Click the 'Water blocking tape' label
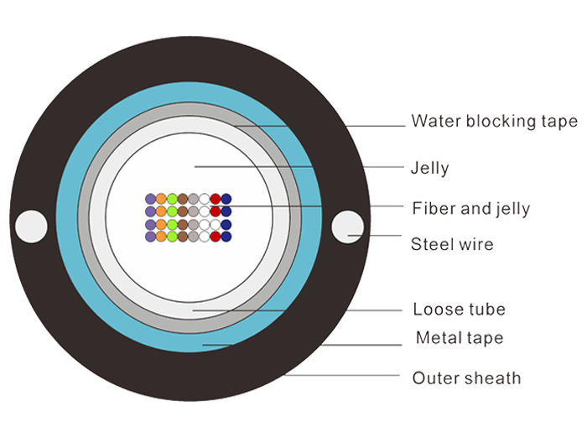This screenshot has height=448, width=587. pos(495,122)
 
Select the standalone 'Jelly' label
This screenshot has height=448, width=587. pos(429,168)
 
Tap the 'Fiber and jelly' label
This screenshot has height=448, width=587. pos(471,209)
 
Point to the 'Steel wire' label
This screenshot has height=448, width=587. pos(452,244)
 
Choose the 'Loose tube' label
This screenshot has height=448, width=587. pos(460,310)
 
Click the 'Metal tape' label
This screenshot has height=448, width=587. pos(460,338)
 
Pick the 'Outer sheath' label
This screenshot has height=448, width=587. pos(466,378)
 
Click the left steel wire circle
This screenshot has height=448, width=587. pos(31,227)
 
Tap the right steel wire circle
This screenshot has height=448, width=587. pos(347,227)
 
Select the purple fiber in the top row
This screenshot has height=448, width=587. pos(150,199)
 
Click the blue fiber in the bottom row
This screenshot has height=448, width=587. pos(226,237)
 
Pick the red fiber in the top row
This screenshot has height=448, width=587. pos(216,199)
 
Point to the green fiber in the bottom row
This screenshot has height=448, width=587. pos(172,237)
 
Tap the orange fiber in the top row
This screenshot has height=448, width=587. pos(161,199)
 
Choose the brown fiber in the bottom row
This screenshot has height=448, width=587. pos(183,237)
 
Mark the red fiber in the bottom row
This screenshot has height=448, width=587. pos(216,237)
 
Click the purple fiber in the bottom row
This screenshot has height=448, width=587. pos(150,237)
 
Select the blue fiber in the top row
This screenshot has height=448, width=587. pos(226,199)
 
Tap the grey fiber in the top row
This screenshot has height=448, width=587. pos(194,199)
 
